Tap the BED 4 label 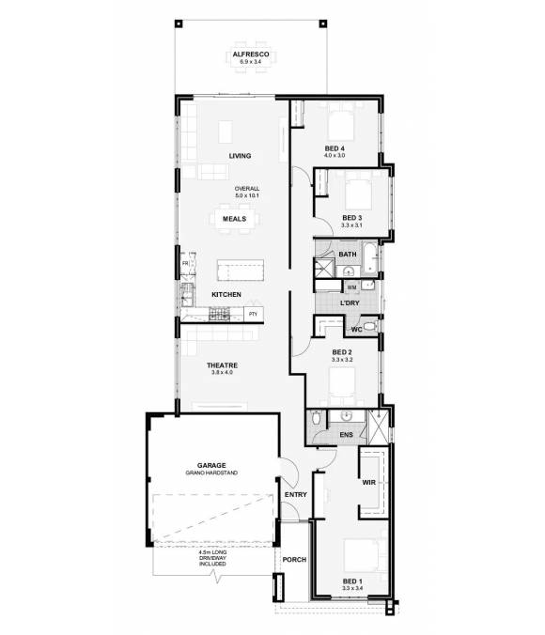[x=335, y=148]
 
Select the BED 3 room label [x=351, y=218]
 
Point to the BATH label [x=347, y=255]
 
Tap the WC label [x=356, y=331]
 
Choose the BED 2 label [x=341, y=352]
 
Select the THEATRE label [x=222, y=364]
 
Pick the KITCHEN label [x=226, y=295]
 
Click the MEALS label [x=235, y=219]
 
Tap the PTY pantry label [x=254, y=314]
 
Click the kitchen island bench [x=242, y=271]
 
